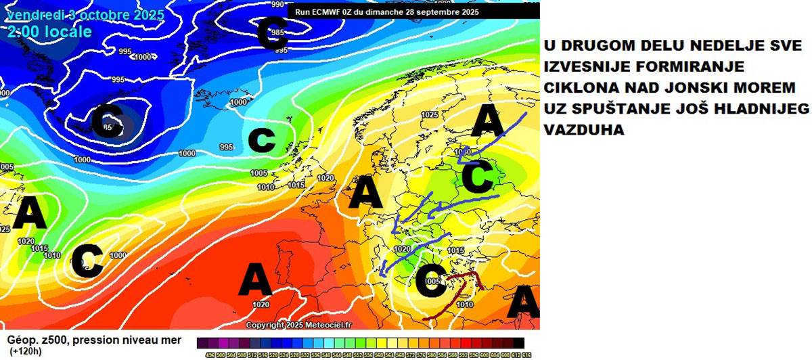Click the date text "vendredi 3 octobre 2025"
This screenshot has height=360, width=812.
(85, 15)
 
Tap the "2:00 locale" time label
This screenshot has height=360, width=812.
(50, 32)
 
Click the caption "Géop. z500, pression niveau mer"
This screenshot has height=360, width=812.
(94, 340)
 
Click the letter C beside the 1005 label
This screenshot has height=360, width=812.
(430, 282)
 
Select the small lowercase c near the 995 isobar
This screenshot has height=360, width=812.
(262, 139)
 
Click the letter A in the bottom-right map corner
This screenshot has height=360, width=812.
(523, 301)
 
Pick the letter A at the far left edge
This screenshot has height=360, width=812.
(30, 215)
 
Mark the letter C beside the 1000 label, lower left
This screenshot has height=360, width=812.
(87, 261)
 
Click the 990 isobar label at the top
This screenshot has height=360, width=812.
(277, 4)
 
